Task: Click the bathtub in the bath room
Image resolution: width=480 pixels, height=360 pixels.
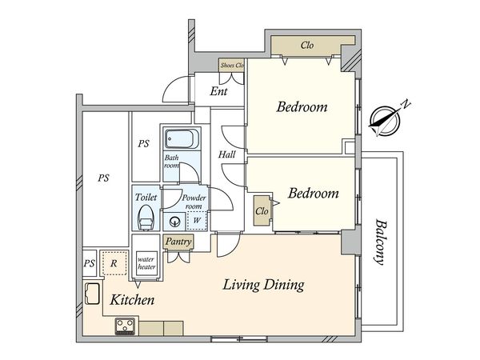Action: (x=182, y=139)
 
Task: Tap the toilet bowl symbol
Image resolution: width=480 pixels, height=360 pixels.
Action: (x=146, y=218)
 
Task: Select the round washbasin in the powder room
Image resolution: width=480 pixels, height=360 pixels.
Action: (x=175, y=222)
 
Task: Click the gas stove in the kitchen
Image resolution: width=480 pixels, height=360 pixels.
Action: (x=126, y=326)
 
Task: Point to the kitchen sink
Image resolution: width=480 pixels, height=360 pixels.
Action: (x=92, y=294)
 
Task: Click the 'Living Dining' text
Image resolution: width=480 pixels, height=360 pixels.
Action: (x=263, y=285)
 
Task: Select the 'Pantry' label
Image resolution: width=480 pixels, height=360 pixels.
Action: (x=178, y=242)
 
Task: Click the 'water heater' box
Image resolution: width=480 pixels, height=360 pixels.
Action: (x=146, y=263)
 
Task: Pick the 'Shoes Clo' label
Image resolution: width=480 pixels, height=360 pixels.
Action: (x=232, y=66)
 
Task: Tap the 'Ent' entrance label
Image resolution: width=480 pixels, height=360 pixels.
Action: (x=218, y=91)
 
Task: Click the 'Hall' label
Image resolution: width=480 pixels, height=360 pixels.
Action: (x=227, y=154)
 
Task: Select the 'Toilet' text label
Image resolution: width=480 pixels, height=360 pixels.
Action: (x=146, y=197)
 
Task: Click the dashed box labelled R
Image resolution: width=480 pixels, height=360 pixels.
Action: (x=114, y=263)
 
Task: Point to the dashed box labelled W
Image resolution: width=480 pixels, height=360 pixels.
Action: (x=197, y=220)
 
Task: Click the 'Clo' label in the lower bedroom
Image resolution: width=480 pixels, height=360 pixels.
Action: (x=262, y=211)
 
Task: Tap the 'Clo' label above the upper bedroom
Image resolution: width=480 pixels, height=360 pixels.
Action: (x=307, y=46)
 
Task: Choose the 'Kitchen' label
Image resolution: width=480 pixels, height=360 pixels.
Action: (x=132, y=300)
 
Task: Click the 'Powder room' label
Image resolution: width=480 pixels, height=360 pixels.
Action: (x=194, y=202)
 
